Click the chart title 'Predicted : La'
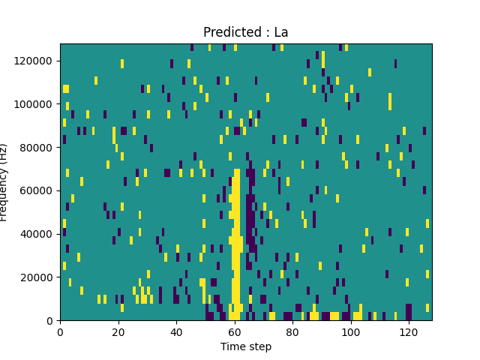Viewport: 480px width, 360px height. coord(245,33)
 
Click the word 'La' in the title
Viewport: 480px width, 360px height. coord(280,33)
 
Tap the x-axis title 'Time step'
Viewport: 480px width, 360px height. coord(245,346)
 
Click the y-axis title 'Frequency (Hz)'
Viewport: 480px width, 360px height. coord(4,182)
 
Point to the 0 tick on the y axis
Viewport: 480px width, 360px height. coord(51,320)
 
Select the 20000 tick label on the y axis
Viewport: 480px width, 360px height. coord(39,277)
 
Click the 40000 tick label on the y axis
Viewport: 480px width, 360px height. coord(39,234)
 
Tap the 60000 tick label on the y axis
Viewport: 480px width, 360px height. coord(39,190)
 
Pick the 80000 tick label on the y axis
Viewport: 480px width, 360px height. coord(39,147)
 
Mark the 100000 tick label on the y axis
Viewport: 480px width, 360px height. coord(36,104)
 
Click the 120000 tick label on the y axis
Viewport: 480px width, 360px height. coord(36,61)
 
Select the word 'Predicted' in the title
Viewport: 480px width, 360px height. coord(229,33)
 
